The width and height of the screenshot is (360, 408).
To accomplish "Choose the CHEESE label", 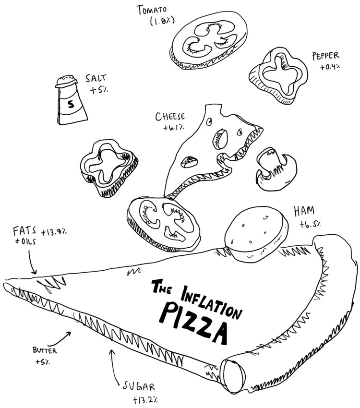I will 170,117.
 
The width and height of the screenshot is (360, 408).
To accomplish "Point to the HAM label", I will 303,211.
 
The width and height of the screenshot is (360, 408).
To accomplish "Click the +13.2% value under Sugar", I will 142,399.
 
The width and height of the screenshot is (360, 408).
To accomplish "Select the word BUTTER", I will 45,350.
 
